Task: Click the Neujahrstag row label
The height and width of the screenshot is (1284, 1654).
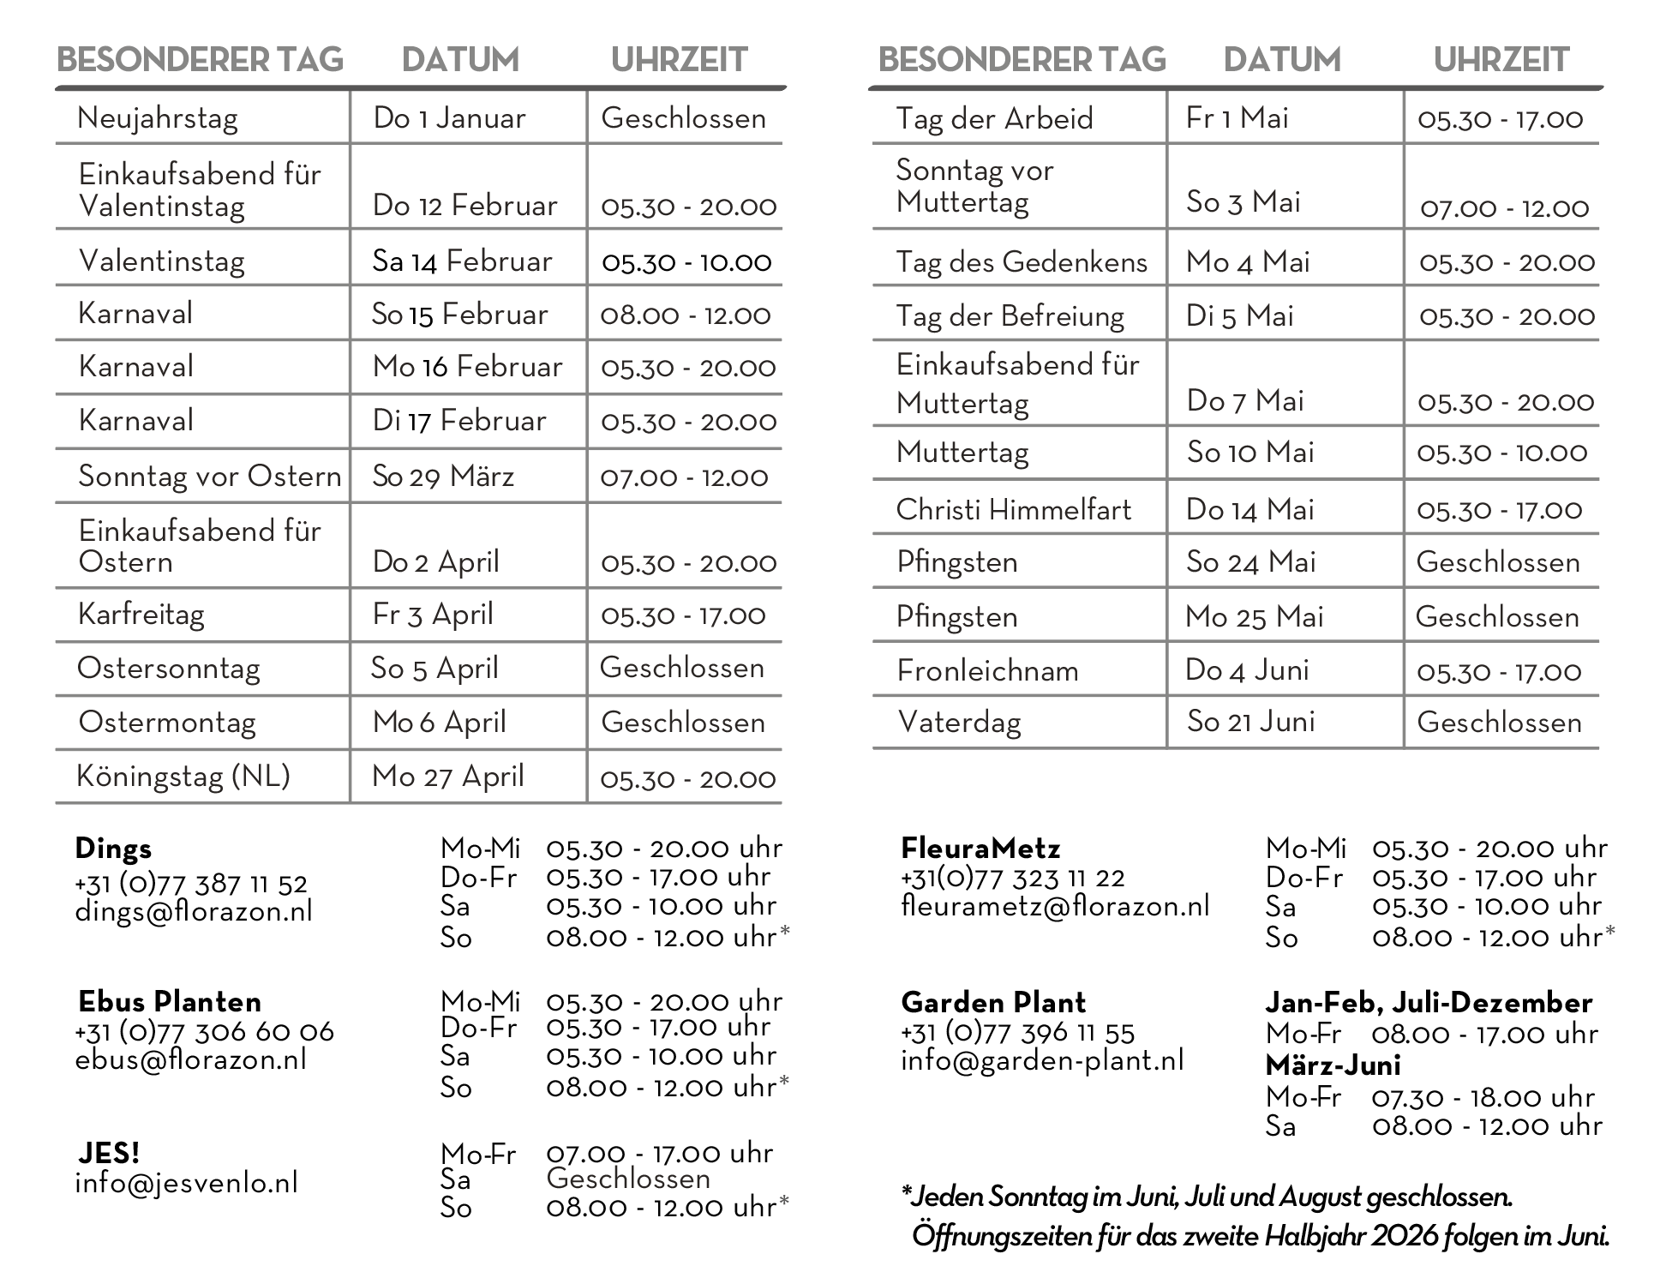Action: [158, 118]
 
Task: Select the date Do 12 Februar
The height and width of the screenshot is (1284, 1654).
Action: [464, 206]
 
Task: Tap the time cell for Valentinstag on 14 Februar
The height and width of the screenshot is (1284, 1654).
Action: [686, 261]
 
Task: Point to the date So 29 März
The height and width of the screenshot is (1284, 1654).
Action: [442, 477]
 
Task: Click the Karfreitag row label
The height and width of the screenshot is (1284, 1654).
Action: [141, 615]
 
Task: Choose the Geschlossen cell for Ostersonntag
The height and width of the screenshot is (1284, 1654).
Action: [681, 668]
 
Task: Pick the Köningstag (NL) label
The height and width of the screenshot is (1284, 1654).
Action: [183, 777]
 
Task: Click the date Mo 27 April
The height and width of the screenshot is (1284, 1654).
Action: [447, 777]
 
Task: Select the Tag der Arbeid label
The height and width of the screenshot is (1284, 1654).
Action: [994, 118]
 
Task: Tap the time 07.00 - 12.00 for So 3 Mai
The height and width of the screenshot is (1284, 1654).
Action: [1504, 208]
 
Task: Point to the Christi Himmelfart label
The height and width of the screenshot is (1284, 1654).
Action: [1013, 510]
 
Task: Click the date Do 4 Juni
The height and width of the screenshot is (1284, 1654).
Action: [1247, 670]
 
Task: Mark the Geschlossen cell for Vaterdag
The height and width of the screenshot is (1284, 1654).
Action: [1499, 723]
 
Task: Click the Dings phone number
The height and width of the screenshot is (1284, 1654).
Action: [190, 884]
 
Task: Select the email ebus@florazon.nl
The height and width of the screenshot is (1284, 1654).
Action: [190, 1060]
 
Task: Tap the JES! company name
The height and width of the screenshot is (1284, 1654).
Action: [109, 1154]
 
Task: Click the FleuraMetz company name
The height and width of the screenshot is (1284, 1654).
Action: [980, 849]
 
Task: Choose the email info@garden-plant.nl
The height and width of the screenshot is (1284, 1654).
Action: [1042, 1061]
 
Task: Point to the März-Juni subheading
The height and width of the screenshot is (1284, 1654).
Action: [1333, 1065]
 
